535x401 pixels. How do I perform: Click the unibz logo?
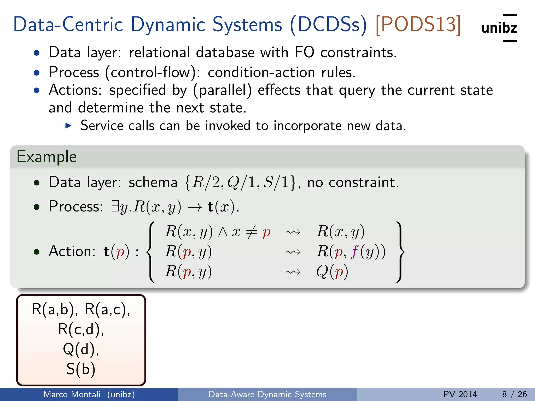499,28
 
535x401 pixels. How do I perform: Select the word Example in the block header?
46,157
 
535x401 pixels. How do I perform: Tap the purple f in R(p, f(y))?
354,252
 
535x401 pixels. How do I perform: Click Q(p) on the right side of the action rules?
332,272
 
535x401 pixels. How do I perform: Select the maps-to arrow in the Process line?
195,207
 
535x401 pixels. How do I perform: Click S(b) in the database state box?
81,369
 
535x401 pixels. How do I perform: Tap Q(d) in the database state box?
81,349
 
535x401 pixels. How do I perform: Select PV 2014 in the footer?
460,394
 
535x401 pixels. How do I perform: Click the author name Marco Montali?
72,394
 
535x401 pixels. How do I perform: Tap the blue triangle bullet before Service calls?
68,126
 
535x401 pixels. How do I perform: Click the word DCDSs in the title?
329,25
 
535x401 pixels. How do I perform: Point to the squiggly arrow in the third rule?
293,272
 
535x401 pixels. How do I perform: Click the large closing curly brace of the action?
400,252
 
